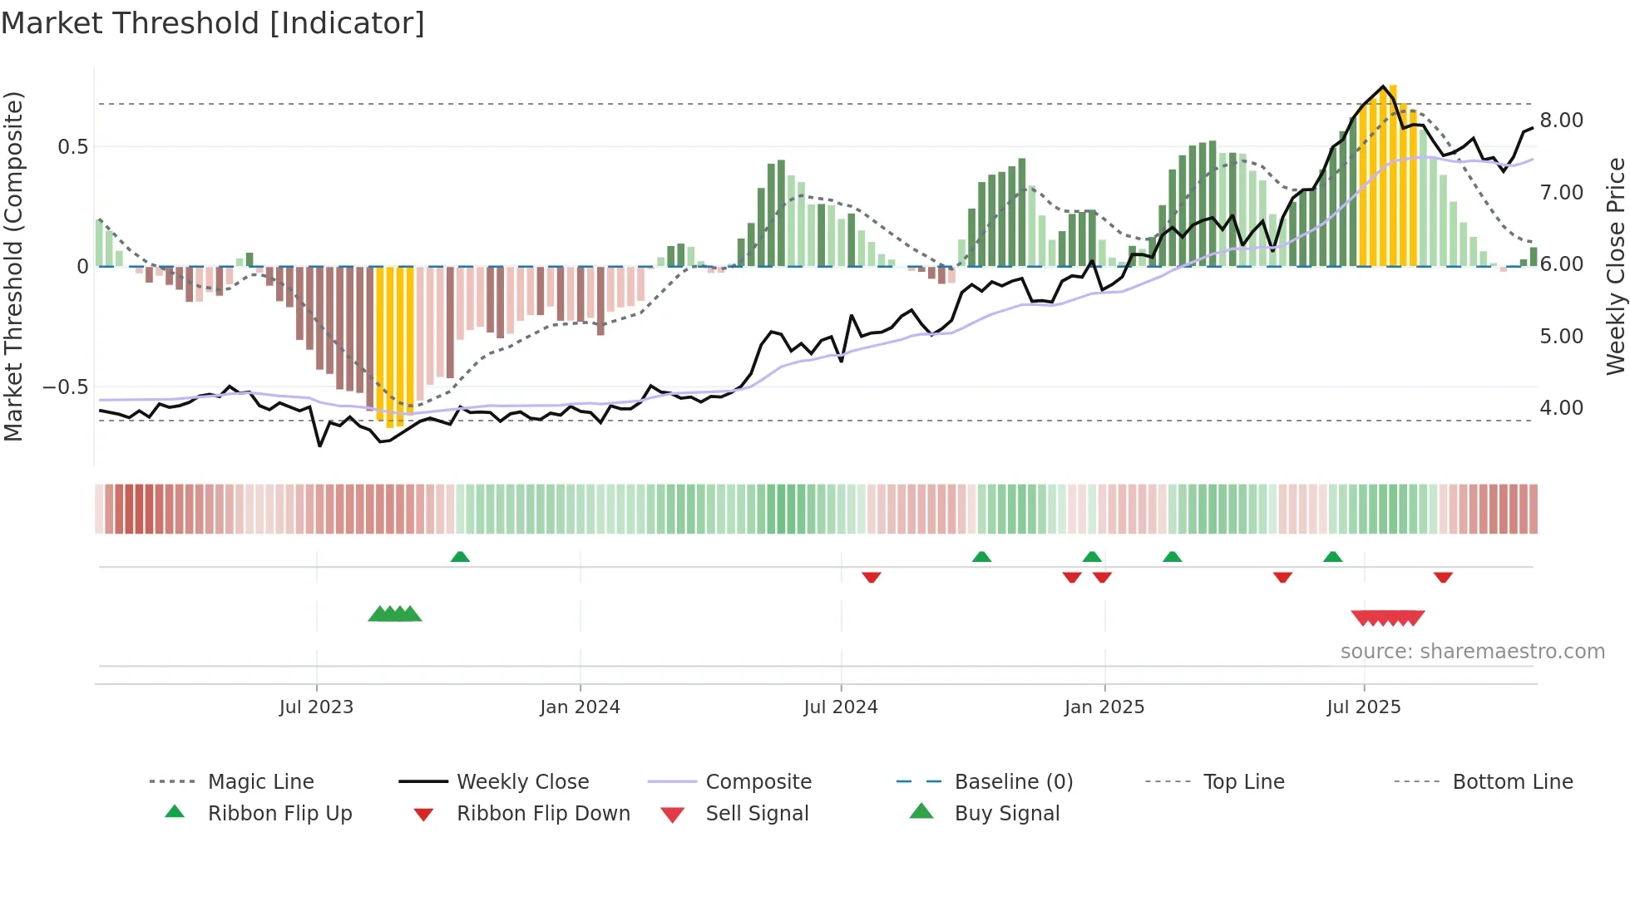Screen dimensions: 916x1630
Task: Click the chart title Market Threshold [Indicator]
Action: click(213, 23)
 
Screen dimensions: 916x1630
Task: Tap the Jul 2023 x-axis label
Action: click(316, 707)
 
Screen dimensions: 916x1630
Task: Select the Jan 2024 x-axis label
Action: click(580, 707)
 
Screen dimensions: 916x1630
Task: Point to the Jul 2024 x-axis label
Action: click(841, 707)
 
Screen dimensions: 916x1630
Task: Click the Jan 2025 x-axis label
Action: click(1104, 707)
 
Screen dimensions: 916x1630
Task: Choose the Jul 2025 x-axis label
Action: click(1364, 707)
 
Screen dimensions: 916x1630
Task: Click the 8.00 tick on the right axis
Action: click(1561, 121)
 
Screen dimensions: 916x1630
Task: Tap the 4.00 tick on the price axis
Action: click(1561, 408)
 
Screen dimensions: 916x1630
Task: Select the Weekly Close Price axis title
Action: click(1615, 266)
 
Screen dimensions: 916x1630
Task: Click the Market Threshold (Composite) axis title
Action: click(13, 266)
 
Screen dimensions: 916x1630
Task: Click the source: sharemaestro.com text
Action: click(1472, 652)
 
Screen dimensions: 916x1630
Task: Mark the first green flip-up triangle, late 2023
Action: click(460, 557)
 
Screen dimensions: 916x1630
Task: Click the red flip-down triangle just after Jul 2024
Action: click(871, 577)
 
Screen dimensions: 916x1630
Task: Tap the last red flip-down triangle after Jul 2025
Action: click(1443, 577)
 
